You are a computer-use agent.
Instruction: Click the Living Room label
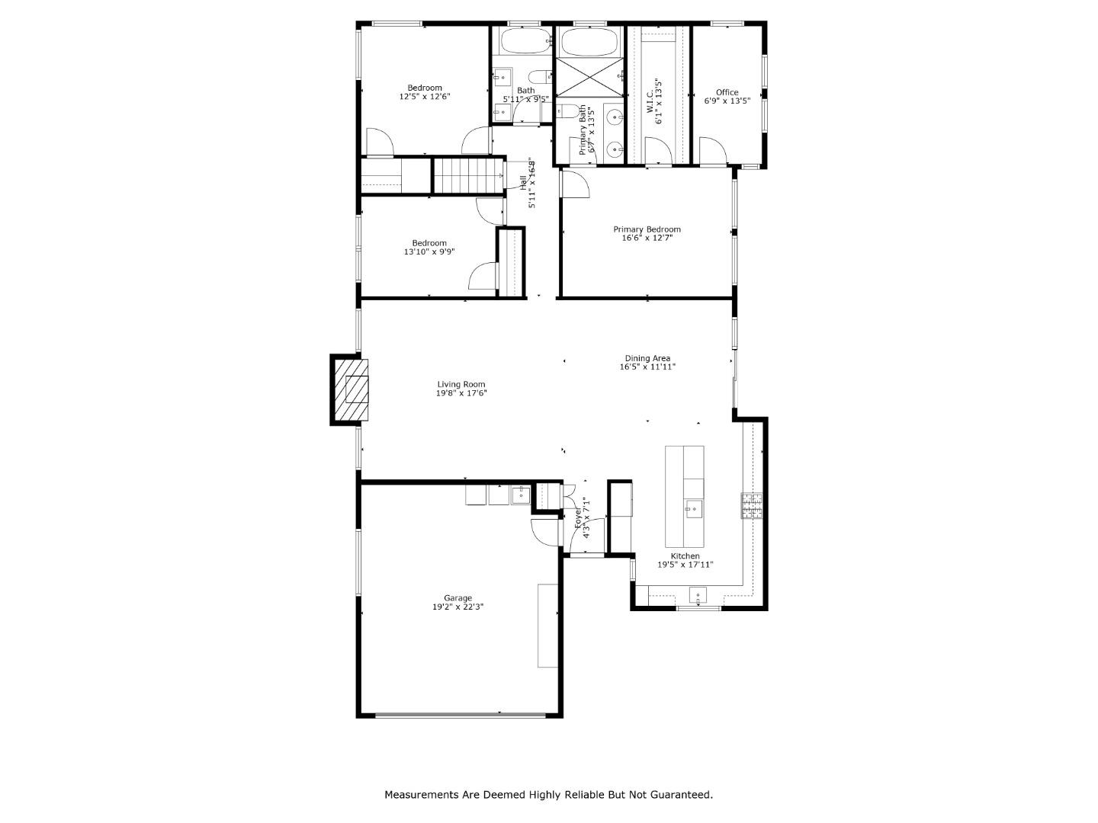(x=461, y=385)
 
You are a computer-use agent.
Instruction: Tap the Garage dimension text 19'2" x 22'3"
(x=457, y=607)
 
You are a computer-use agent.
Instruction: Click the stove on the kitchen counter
(x=751, y=507)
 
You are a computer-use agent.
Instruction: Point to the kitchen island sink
(x=694, y=509)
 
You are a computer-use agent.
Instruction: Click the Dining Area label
(x=647, y=358)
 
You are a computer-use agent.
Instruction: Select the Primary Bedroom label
(x=647, y=229)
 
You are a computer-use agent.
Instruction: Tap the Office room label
(x=727, y=92)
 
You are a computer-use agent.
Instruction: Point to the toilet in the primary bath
(x=566, y=113)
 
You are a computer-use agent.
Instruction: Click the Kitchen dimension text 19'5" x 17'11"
(x=685, y=565)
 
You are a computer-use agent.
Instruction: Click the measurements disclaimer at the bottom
(x=548, y=795)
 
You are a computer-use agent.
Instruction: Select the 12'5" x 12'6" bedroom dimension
(x=424, y=97)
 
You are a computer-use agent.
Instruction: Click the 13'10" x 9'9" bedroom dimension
(x=429, y=251)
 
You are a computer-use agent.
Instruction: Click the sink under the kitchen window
(x=698, y=594)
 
